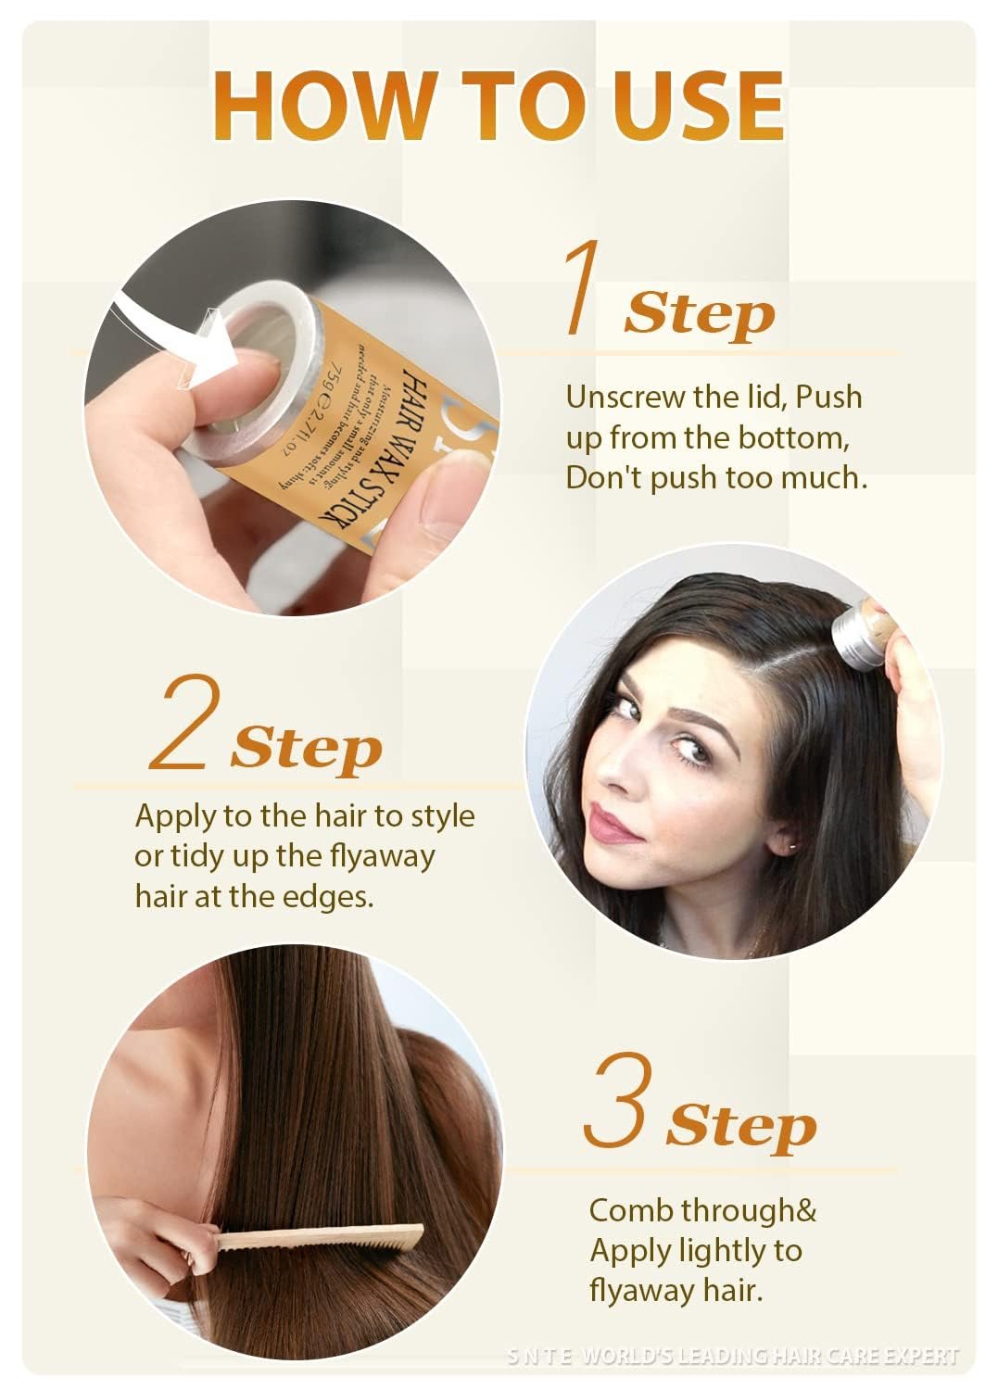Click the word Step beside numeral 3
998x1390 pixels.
(x=741, y=1126)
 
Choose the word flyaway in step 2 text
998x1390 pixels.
(x=382, y=855)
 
